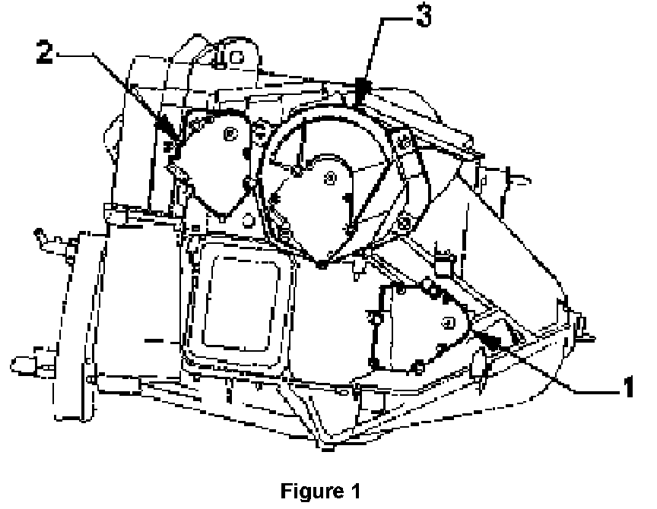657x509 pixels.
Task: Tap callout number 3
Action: (423, 17)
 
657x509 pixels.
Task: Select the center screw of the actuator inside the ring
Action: (329, 179)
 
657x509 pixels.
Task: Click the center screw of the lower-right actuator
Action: (449, 323)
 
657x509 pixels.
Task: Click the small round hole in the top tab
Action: (236, 55)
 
